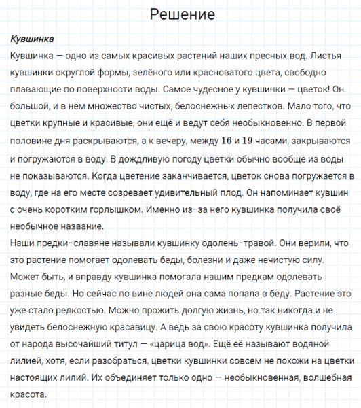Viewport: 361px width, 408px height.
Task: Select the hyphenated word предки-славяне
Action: pyautogui.click(x=73, y=242)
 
